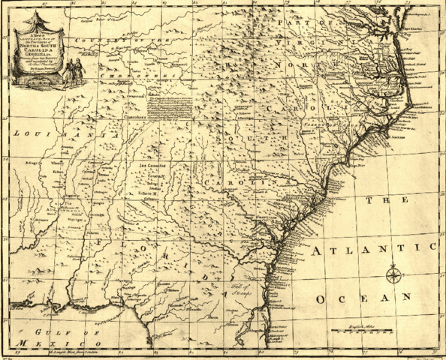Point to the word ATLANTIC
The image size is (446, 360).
coord(375,249)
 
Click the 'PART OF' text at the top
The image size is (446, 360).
coord(296,24)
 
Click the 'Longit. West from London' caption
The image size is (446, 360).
coord(82,351)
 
